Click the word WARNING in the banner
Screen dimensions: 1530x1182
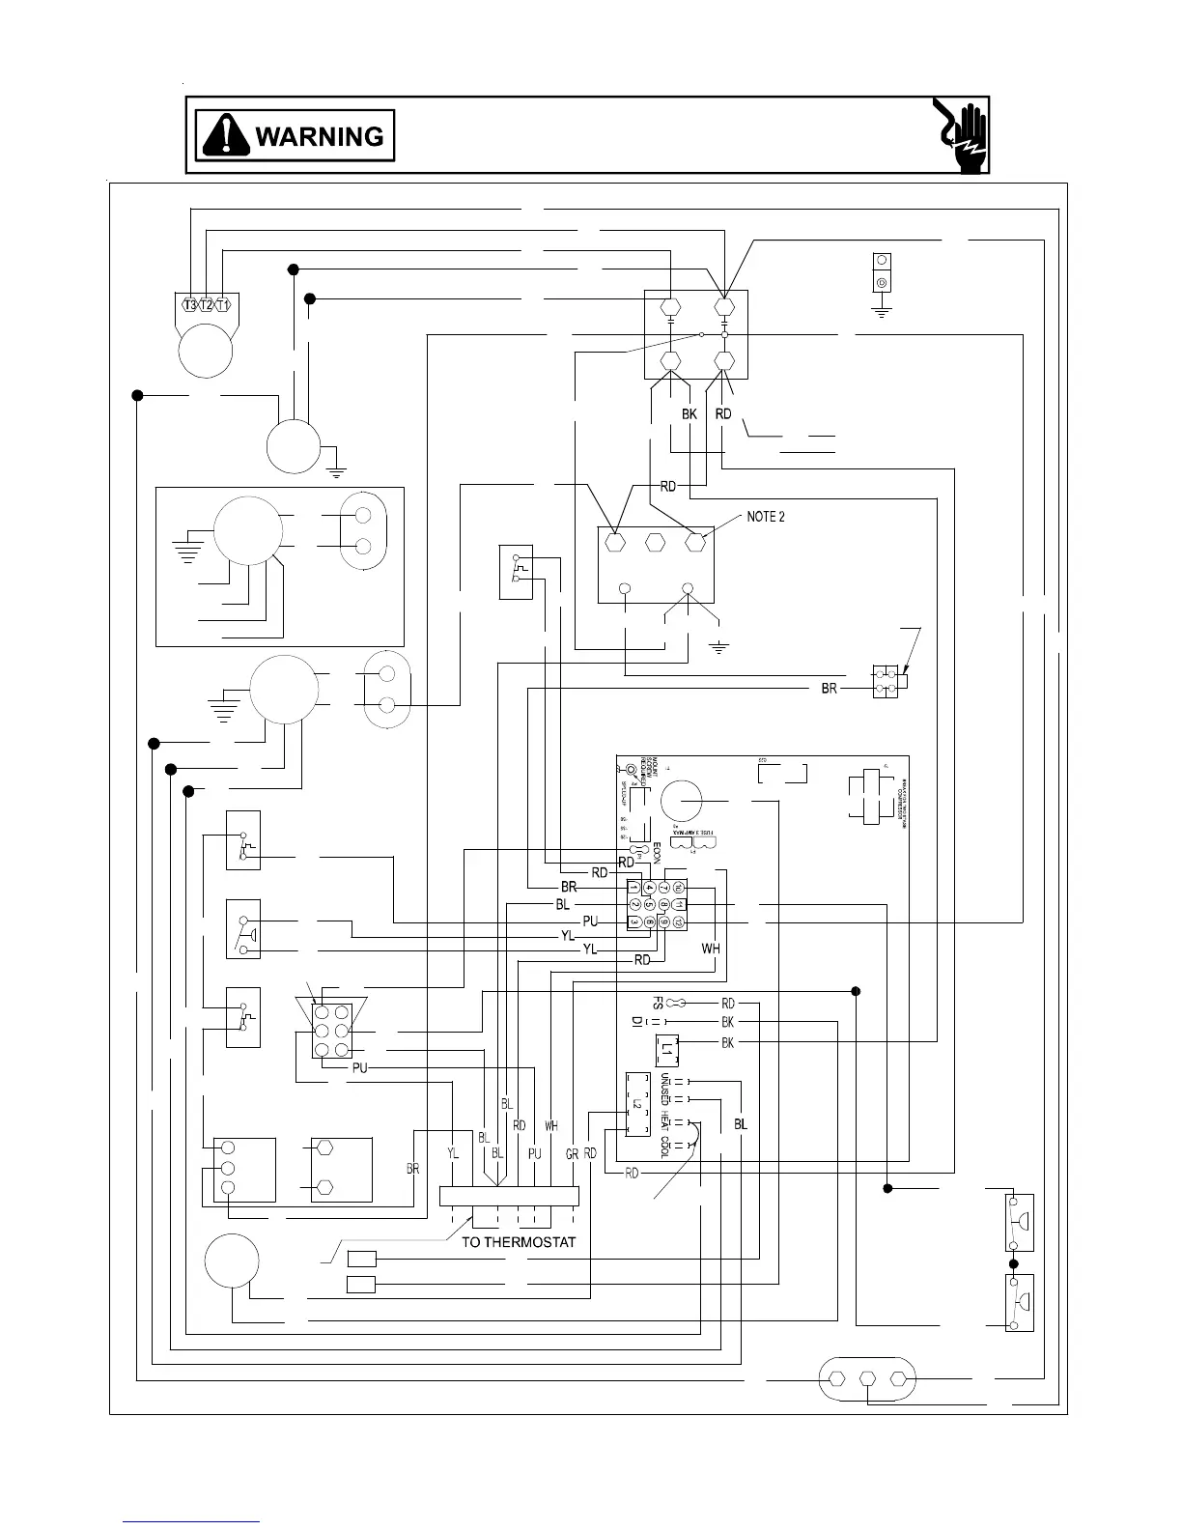click(319, 136)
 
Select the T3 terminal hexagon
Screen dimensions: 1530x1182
click(190, 305)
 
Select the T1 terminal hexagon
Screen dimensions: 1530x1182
click(222, 305)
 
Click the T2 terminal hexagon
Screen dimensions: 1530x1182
click(206, 305)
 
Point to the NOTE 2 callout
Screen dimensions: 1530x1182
click(765, 517)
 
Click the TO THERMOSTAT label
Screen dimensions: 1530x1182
click(519, 1242)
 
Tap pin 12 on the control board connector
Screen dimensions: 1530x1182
click(679, 921)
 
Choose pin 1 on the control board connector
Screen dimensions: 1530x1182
click(634, 887)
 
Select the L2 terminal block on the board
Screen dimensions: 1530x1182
click(637, 1103)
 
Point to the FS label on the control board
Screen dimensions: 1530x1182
click(658, 1004)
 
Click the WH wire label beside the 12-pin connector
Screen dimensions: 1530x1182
click(711, 949)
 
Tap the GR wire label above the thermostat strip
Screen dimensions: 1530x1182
click(572, 1153)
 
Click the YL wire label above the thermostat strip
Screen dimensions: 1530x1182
click(453, 1153)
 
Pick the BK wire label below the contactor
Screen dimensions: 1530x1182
click(689, 413)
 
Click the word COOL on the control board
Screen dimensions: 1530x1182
click(665, 1147)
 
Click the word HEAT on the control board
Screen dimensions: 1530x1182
click(665, 1120)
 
